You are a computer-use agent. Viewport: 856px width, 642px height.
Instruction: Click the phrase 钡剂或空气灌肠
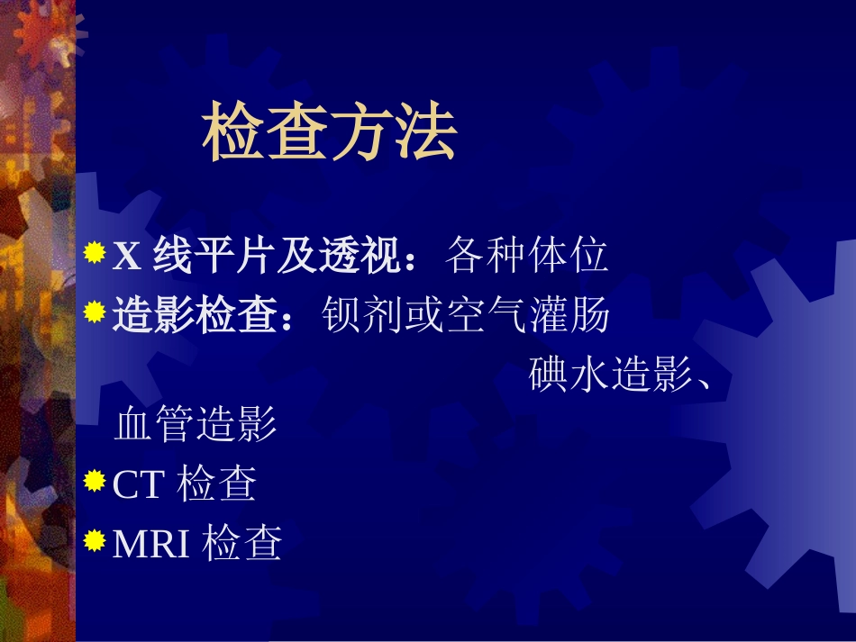coord(467,315)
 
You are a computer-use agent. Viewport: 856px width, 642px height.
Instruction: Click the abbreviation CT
coord(138,484)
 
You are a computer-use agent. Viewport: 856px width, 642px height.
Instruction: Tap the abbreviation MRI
coord(151,543)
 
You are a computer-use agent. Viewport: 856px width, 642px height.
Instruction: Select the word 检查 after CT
coord(217,484)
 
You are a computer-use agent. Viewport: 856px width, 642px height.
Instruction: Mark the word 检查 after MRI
coord(243,543)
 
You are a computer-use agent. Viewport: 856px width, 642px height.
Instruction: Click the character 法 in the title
coord(426,136)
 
